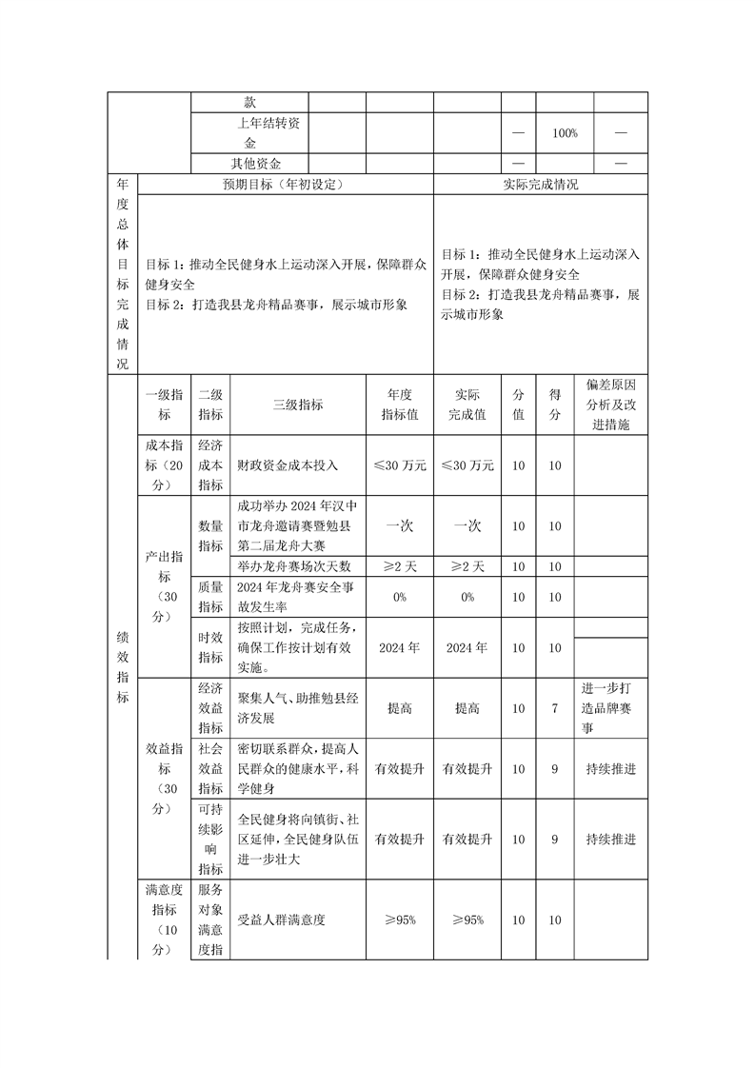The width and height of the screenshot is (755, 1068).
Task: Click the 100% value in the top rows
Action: click(x=565, y=133)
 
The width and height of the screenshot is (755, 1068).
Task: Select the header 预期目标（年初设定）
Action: click(x=286, y=185)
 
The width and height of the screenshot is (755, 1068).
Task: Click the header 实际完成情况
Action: click(x=540, y=185)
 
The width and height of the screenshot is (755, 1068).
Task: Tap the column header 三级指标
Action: click(x=298, y=405)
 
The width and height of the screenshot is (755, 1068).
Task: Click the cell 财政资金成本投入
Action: click(x=288, y=465)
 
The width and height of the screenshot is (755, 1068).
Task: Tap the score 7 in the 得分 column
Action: click(x=555, y=708)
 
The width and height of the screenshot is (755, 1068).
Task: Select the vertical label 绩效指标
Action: click(x=124, y=666)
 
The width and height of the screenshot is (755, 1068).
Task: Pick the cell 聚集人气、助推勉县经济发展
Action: click(x=297, y=708)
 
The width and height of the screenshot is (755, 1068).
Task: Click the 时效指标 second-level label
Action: click(x=209, y=647)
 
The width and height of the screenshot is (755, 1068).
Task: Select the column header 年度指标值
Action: click(x=400, y=405)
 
